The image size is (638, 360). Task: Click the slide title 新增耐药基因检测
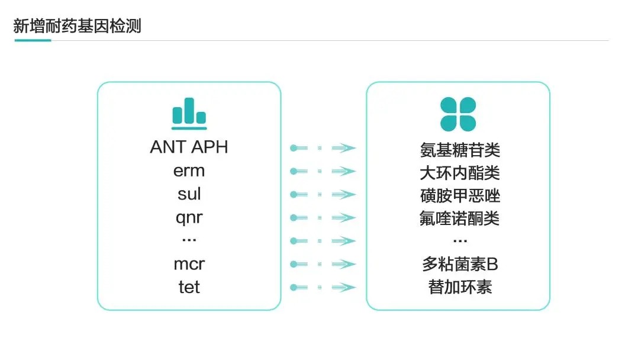(78, 26)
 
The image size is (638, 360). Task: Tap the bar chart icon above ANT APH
(189, 114)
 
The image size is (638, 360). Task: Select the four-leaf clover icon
(458, 114)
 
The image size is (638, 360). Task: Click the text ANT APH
(189, 147)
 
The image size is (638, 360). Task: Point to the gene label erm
(189, 171)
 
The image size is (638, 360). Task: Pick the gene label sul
(189, 194)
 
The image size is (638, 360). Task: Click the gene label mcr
(189, 264)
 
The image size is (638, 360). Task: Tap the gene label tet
(189, 287)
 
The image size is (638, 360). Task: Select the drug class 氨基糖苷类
(460, 150)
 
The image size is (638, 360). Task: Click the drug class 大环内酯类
(460, 173)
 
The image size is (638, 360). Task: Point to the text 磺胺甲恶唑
(460, 196)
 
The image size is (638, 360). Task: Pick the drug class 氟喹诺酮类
(460, 218)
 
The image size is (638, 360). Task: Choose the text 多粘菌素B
(460, 264)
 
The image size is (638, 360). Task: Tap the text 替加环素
(460, 287)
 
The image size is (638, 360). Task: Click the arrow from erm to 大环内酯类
(323, 171)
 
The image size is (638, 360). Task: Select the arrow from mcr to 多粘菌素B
(323, 264)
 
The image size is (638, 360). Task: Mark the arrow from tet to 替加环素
(323, 288)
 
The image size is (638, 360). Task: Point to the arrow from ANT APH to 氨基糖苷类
(323, 148)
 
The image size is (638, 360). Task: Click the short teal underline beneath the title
(33, 40)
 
